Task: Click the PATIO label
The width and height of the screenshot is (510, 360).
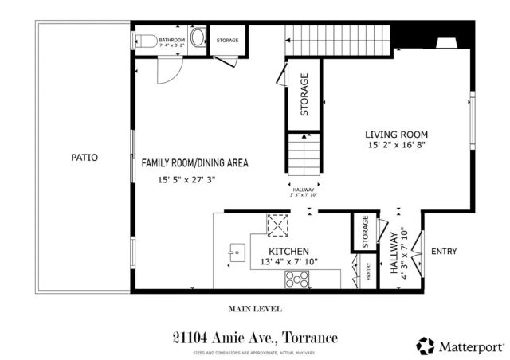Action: [x=84, y=158]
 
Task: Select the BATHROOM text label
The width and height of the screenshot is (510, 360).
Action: [x=171, y=39]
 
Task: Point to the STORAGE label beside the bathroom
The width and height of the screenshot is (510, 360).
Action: [x=228, y=40]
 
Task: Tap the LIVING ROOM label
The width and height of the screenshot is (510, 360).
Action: [x=397, y=134]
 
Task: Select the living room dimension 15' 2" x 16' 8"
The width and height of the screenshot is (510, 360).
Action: [x=397, y=146]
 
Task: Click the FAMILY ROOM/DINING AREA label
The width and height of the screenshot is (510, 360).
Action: [x=195, y=162]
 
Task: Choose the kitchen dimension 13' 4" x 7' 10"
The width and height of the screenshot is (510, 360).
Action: [x=288, y=262]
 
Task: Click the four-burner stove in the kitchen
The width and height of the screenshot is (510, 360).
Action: [x=298, y=280]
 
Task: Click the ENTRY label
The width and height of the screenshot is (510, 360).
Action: [x=443, y=252]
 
